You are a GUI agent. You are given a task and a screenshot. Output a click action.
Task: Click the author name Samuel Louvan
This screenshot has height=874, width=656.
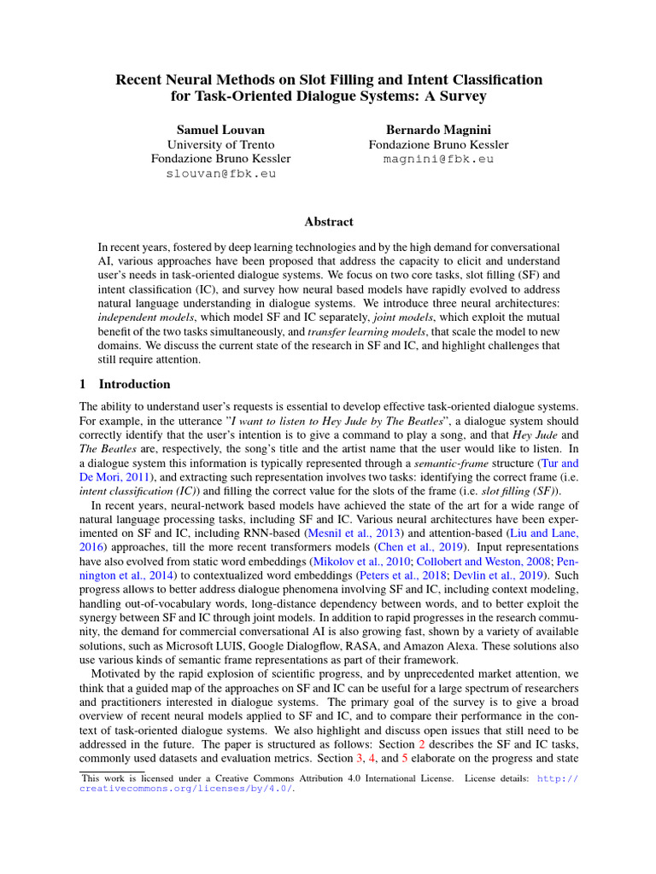220,130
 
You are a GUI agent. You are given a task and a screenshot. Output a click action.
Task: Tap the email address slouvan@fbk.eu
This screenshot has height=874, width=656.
220,173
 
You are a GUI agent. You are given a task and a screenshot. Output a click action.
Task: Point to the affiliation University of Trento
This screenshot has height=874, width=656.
220,144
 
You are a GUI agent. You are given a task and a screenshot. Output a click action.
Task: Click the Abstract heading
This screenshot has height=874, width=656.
328,222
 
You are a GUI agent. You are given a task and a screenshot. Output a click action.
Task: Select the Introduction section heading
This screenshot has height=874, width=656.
135,384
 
